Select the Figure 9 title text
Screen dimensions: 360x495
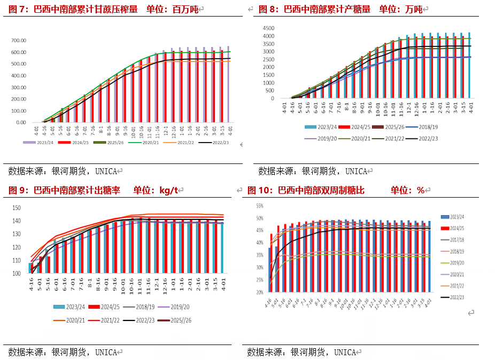tap(93, 190)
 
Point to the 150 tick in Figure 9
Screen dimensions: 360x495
tap(16, 208)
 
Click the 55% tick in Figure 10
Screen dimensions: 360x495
tap(259, 206)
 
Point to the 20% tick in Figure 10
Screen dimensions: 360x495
tap(259, 292)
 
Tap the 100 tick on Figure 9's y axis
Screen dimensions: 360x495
tap(16, 273)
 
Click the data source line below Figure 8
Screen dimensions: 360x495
tap(312, 171)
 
